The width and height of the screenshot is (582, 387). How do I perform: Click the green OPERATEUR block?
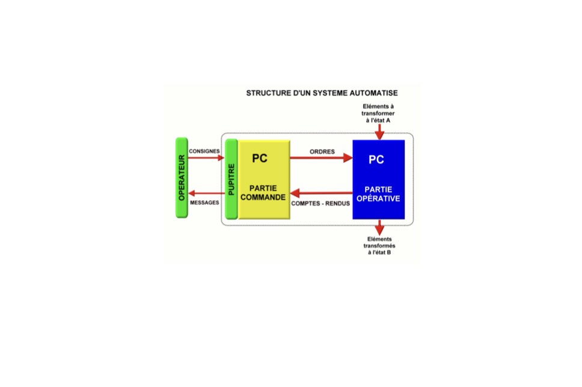[182, 178]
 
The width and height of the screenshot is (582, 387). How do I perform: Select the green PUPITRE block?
[231, 179]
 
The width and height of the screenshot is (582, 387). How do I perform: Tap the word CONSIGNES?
[204, 151]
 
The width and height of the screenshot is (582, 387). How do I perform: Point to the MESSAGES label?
[204, 203]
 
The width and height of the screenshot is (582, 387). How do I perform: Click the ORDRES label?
[322, 152]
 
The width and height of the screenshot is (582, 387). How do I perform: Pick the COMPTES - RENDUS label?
[320, 203]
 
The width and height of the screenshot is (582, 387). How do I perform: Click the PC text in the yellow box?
[260, 159]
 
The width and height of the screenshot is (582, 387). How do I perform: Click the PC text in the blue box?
[376, 160]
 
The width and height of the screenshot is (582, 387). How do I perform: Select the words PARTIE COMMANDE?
[263, 193]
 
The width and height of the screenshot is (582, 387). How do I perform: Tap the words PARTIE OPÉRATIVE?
[378, 194]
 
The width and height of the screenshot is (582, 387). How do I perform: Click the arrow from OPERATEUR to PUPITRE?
[206, 157]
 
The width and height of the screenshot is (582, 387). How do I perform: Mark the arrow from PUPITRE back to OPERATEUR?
[207, 193]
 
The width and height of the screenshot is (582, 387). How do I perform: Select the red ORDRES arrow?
[321, 157]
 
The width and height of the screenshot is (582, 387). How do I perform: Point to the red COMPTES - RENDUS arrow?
[322, 193]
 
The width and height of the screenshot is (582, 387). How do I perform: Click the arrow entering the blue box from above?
[379, 132]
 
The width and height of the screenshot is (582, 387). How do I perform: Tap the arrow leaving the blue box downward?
[379, 227]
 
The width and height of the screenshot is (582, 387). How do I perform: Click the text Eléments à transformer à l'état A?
[378, 114]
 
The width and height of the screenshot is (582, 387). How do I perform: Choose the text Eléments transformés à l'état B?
[379, 246]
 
